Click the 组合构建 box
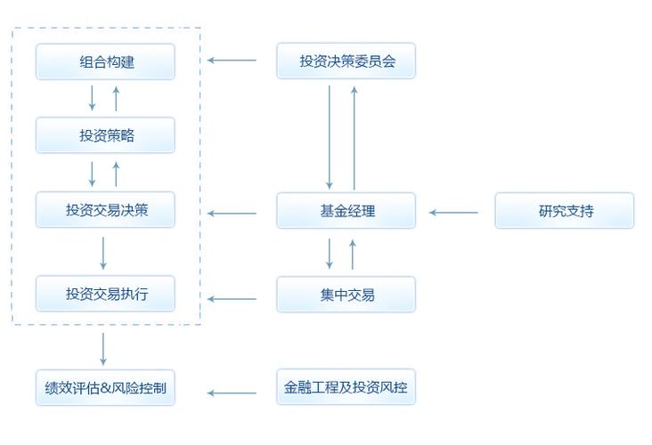(x=105, y=61)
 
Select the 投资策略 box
(x=105, y=135)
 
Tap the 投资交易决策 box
(x=105, y=209)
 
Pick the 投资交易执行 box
(x=105, y=294)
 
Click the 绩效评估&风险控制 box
(x=105, y=388)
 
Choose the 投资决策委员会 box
(x=346, y=61)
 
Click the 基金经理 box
(x=346, y=210)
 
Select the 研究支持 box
(x=564, y=210)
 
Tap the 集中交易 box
(x=346, y=295)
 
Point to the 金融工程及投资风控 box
(x=346, y=387)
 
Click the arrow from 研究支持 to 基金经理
(x=453, y=213)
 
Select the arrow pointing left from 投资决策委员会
(x=232, y=61)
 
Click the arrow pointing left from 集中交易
(x=232, y=299)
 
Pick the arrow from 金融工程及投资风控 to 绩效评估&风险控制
(x=232, y=392)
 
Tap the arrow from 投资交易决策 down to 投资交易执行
(x=103, y=253)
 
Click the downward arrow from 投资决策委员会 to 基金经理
(x=330, y=138)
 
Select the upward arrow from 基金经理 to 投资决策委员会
(x=355, y=138)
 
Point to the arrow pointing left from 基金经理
(x=232, y=214)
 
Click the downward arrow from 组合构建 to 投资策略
(x=92, y=98)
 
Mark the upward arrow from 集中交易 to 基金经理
(x=353, y=255)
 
